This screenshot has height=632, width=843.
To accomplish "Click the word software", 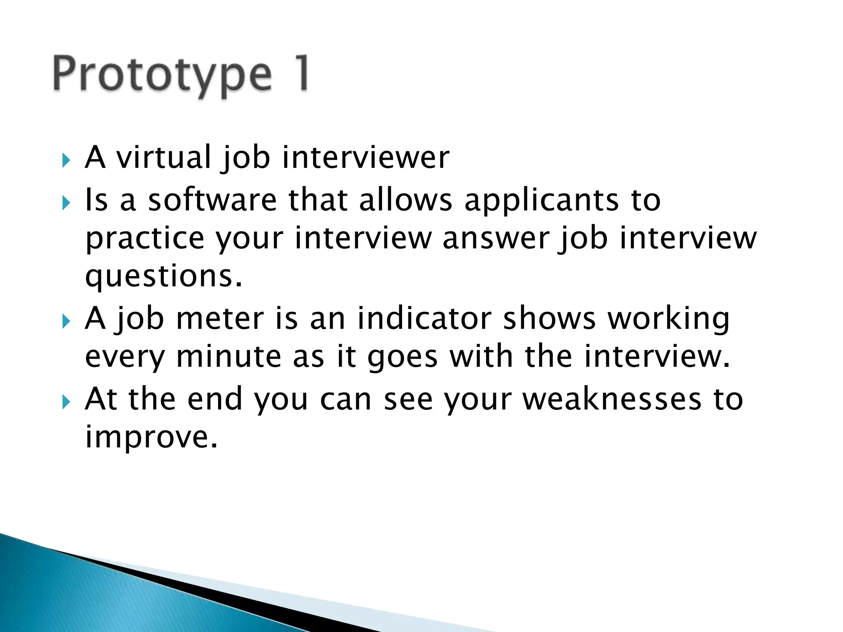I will point(212,200).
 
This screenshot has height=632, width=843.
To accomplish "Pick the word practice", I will point(144,239).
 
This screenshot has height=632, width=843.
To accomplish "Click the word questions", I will point(163,276).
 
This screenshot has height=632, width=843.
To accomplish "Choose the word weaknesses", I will point(612,399).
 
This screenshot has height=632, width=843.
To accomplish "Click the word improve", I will point(151,437).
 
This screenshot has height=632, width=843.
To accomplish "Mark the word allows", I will point(405,200).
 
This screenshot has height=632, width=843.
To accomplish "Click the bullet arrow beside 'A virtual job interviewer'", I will point(66,160).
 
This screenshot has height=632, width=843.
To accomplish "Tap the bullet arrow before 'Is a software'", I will point(66,202).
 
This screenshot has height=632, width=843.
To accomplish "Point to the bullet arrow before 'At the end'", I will point(66,402).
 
